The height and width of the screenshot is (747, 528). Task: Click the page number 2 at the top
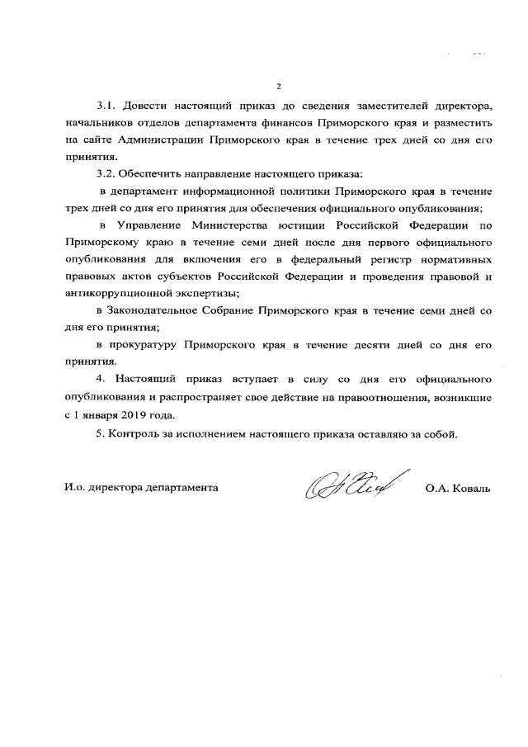click(x=279, y=87)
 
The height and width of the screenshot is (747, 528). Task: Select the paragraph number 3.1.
click(x=107, y=106)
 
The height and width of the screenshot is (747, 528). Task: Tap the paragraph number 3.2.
click(x=107, y=173)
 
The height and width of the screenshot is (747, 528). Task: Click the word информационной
click(x=234, y=191)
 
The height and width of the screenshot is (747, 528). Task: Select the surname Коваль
click(x=469, y=488)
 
